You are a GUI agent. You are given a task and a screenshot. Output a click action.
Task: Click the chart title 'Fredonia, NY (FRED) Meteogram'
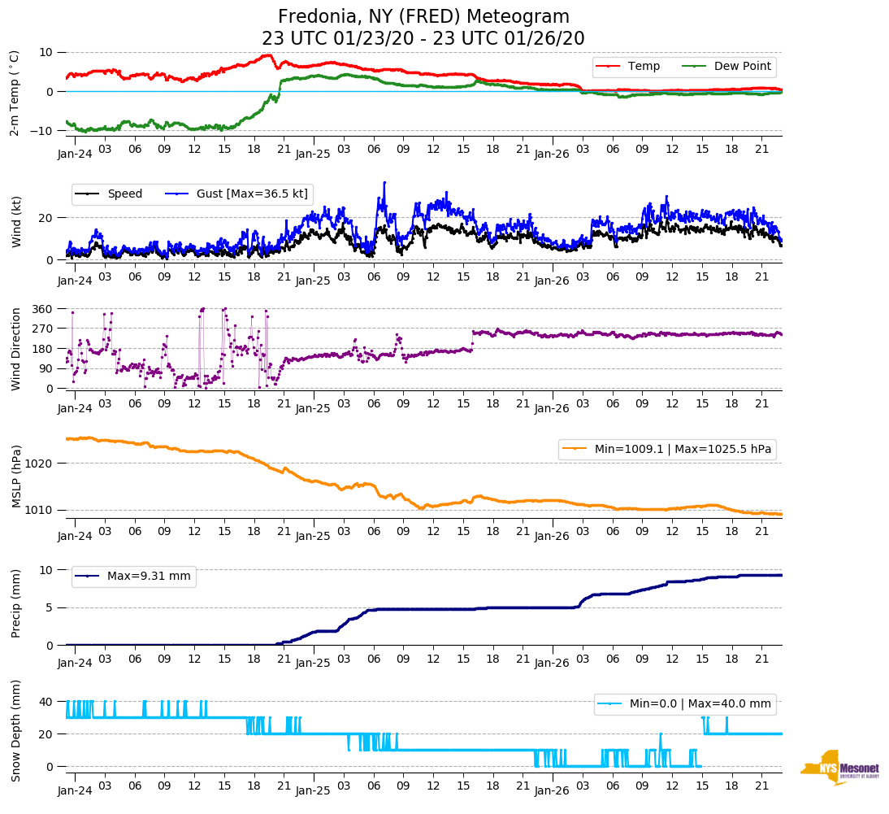pos(423,17)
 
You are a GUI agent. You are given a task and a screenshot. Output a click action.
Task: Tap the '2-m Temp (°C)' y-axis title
pos(14,92)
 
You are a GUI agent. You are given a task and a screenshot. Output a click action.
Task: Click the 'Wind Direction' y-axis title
pos(15,348)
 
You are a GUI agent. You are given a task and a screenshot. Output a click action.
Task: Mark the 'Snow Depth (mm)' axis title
pos(15,731)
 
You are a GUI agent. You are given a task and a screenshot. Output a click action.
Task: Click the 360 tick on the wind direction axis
pos(42,309)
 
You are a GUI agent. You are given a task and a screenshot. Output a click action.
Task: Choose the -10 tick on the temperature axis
pos(41,131)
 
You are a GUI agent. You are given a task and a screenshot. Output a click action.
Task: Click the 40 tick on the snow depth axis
pos(46,702)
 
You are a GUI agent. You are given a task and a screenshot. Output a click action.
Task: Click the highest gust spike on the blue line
pos(384,182)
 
